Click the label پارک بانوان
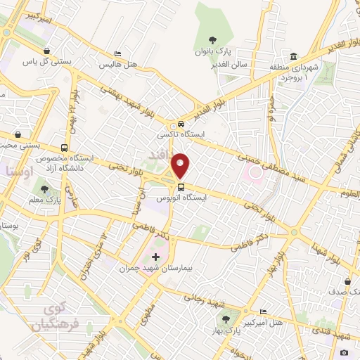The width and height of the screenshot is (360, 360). tap(213, 52)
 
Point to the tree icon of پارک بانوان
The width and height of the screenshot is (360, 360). tap(212, 39)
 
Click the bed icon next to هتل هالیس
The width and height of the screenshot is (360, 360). tap(118, 54)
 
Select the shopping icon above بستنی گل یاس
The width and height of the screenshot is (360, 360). tap(46, 51)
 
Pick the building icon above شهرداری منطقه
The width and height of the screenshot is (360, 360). tap(293, 56)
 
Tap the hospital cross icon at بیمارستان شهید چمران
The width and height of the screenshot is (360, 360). tap(155, 257)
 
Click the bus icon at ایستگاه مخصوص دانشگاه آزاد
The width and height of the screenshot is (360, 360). tap(65, 148)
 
